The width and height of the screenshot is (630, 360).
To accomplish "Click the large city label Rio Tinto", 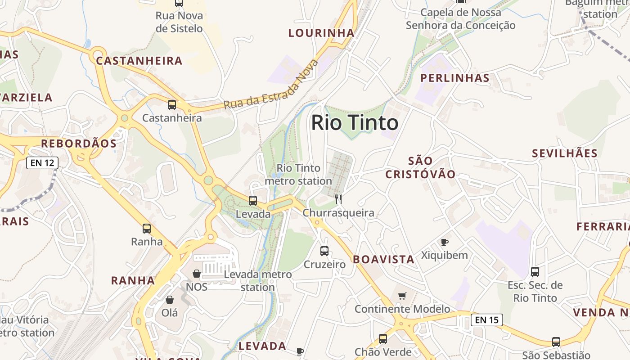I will click(355, 123).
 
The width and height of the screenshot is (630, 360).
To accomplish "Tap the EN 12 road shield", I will click(42, 162).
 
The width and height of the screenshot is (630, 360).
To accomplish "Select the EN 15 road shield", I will click(486, 320).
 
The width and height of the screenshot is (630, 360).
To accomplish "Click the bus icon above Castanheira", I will click(172, 105).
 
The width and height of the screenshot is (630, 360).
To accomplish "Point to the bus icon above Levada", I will click(253, 201).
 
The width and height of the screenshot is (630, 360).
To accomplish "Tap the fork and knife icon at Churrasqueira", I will click(338, 199).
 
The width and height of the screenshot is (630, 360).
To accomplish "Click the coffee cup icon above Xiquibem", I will click(445, 242).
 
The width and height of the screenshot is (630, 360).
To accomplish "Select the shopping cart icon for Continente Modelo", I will click(402, 296).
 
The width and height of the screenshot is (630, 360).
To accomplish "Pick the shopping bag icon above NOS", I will click(197, 274).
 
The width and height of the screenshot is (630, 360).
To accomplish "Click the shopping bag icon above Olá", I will click(170, 299).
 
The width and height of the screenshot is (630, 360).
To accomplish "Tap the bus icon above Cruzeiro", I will click(324, 251).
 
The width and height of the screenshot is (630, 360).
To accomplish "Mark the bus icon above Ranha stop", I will click(147, 228).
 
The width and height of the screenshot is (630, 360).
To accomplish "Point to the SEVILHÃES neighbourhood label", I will click(565, 153).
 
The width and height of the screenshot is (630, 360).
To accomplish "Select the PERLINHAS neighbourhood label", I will click(455, 78).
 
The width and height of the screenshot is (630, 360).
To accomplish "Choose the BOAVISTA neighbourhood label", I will click(384, 259).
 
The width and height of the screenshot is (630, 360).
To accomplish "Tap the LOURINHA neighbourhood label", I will click(321, 33).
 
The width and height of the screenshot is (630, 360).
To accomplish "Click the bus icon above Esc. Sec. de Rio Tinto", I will click(535, 271).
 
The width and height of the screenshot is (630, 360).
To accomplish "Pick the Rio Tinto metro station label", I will click(298, 175).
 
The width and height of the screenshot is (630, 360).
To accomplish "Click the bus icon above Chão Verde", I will click(383, 339).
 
